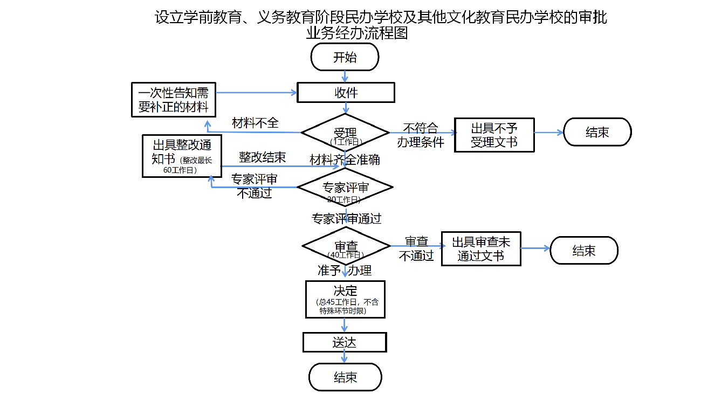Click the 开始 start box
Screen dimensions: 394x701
pos(345,57)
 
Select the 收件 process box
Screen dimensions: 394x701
pos(346,93)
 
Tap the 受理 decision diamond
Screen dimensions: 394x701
pos(345,133)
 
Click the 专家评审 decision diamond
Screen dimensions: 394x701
pos(345,188)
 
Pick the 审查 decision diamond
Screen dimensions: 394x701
pos(346,246)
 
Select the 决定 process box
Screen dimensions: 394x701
pos(345,299)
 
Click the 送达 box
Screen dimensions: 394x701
pos(345,342)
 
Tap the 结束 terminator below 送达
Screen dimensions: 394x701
pos(345,377)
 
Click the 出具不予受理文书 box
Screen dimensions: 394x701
pos(494,135)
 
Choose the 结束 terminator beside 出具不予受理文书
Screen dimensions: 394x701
pos(597,132)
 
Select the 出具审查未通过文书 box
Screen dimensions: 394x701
pos(481,249)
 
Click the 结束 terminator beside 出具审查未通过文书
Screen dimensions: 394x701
pos(584,251)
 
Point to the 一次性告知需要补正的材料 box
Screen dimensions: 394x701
pos(173,100)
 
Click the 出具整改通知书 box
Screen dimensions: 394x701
pos(182,156)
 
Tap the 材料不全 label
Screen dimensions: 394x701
pos(255,123)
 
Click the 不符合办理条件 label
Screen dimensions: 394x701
pos(421,135)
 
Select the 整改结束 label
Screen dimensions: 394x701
pos(262,157)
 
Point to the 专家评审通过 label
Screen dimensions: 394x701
pos(346,219)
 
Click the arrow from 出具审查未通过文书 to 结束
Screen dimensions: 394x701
pos(535,248)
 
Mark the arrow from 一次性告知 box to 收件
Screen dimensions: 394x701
pos(257,93)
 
